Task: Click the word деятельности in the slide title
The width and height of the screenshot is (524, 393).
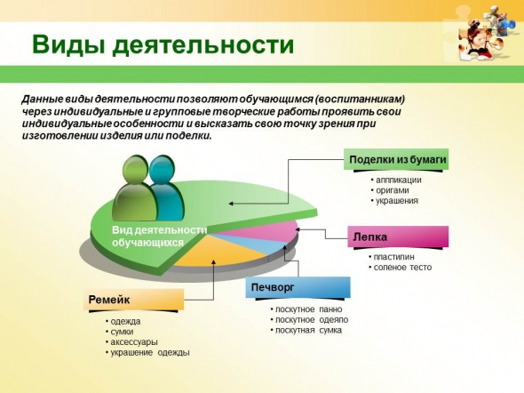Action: coord(203,44)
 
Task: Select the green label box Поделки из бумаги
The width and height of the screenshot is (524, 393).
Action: coord(396,159)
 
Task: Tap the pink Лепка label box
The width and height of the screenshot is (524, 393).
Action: coord(398,237)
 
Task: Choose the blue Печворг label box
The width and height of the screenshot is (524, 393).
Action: coord(298,287)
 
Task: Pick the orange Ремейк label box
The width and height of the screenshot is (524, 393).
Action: coord(133,300)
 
